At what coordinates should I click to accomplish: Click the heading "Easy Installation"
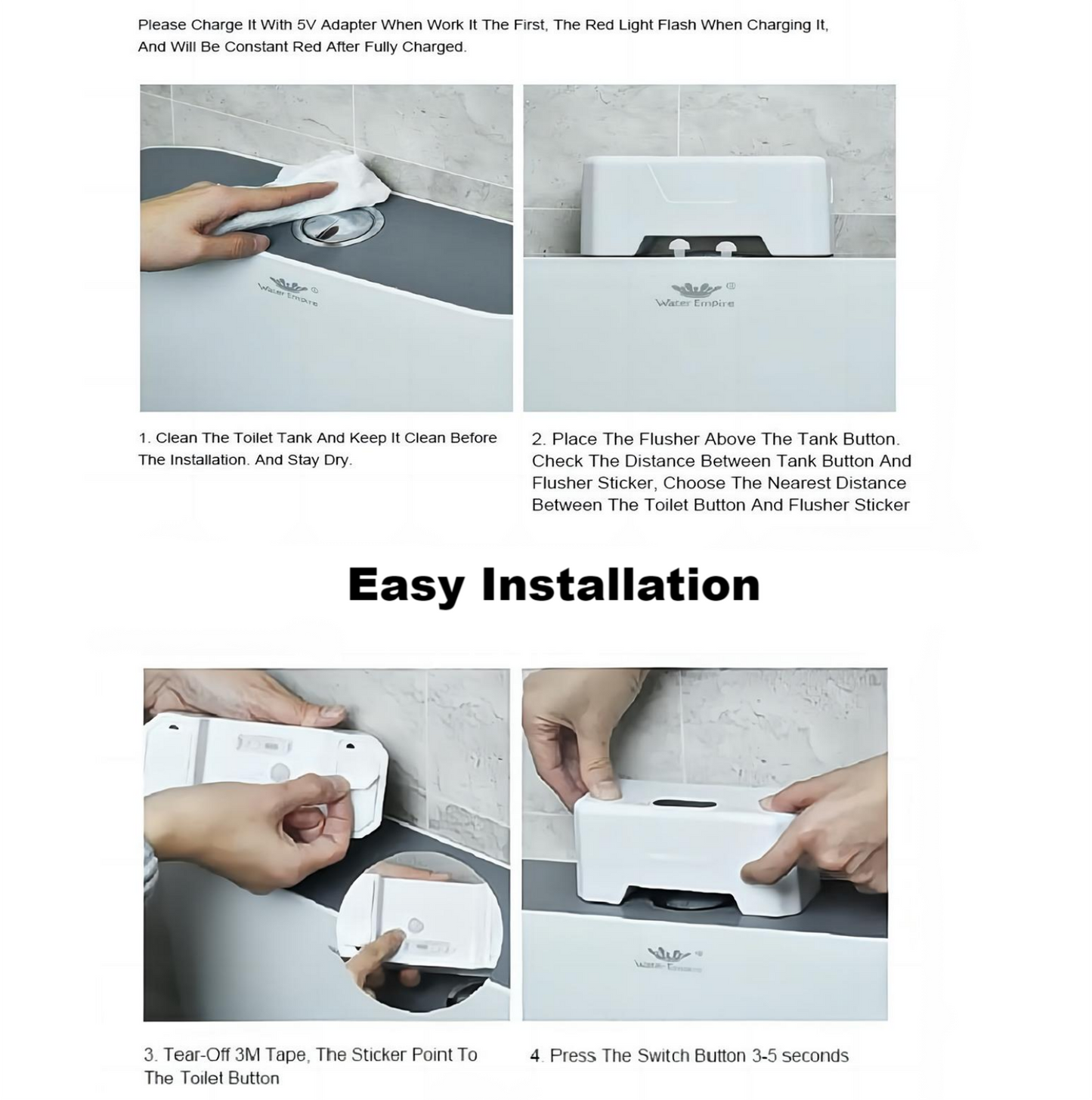[553, 586]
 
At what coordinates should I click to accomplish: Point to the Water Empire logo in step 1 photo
[289, 292]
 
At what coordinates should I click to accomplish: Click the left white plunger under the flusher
[679, 249]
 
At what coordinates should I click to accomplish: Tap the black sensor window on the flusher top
[685, 804]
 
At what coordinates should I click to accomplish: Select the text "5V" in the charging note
[305, 25]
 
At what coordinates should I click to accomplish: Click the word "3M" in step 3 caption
[248, 1055]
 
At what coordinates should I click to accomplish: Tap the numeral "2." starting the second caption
[539, 439]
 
